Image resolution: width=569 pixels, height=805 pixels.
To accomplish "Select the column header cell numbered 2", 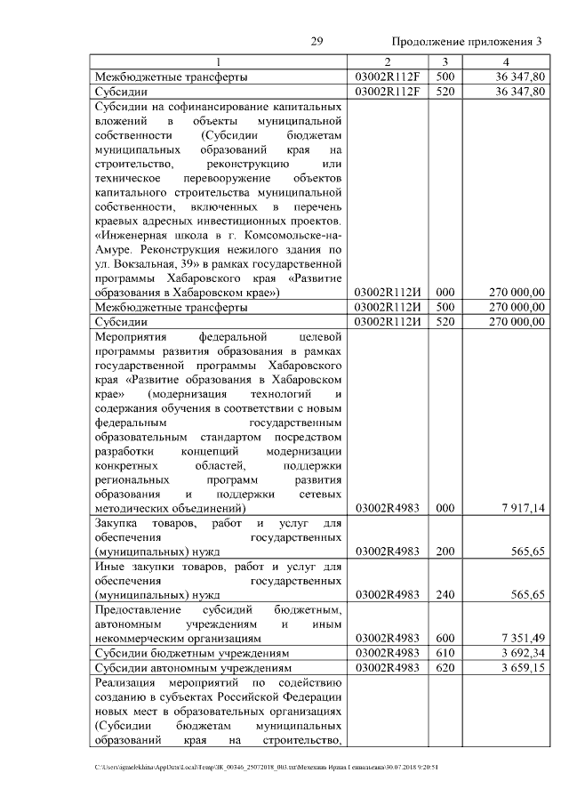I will pyautogui.click(x=388, y=62).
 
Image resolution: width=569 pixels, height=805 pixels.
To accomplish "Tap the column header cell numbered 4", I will pyautogui.click(x=506, y=62).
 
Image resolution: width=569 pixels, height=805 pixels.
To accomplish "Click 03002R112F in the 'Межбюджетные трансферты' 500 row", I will pyautogui.click(x=388, y=77).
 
